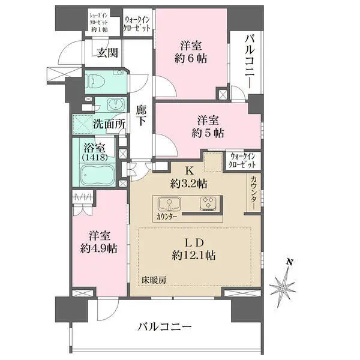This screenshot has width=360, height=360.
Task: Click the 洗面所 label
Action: tap(109, 124)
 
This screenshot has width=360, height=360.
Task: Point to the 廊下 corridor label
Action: tap(142, 116)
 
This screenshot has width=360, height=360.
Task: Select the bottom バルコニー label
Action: tap(164, 327)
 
